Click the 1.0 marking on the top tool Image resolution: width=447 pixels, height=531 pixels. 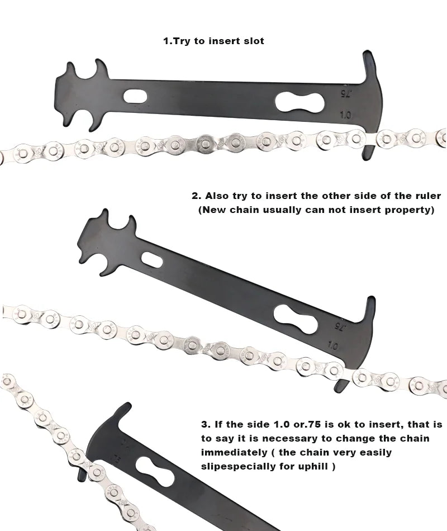pos(345,115)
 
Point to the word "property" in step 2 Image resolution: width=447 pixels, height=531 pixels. pos(409,211)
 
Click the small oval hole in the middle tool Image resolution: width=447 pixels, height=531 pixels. pos(153,259)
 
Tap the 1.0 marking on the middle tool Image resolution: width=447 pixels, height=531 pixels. pos(334,346)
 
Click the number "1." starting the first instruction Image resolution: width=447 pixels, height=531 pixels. pos(168,41)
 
